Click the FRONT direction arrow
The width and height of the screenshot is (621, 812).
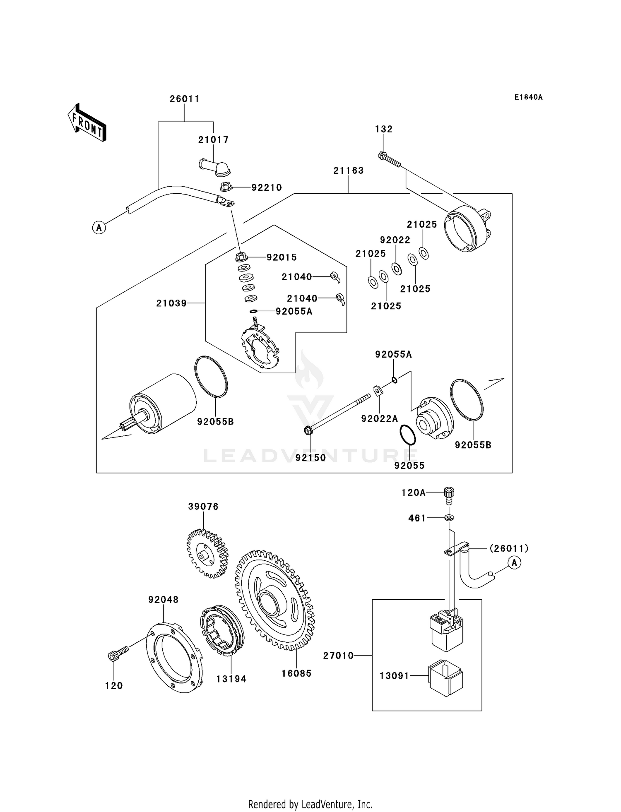coord(87,123)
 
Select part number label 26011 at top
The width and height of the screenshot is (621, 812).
coord(185,99)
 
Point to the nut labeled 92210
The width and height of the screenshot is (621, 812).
coord(225,187)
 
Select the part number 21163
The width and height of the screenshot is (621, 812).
coord(348,171)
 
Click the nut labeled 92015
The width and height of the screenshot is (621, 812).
coord(241,257)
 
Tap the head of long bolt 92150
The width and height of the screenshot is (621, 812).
coord(308,430)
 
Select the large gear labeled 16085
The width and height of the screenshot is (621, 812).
coord(274,600)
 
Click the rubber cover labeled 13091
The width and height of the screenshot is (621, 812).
coord(446,677)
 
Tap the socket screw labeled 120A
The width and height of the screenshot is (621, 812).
coord(449,495)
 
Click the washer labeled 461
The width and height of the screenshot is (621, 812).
coord(449,517)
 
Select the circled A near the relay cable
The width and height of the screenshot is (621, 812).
coord(514,563)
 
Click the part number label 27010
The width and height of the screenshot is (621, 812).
coord(338,656)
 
